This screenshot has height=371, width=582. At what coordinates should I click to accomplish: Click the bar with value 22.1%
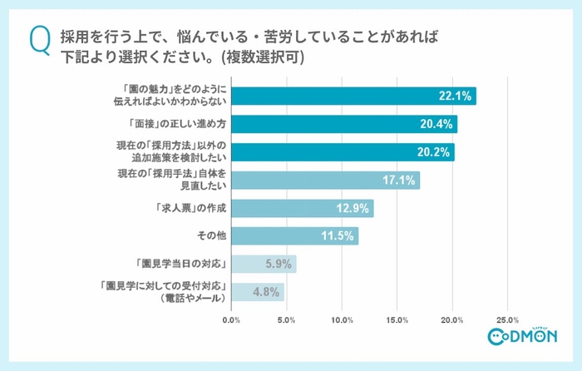click(x=353, y=96)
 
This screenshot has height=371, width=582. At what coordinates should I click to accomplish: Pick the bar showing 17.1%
click(x=325, y=180)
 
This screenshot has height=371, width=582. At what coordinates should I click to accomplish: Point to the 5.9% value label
click(x=277, y=265)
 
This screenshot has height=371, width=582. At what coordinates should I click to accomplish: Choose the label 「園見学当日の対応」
click(x=184, y=264)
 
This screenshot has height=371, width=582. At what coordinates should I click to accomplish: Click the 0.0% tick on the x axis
click(x=232, y=319)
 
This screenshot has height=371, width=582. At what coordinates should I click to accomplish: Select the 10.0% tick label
click(x=342, y=319)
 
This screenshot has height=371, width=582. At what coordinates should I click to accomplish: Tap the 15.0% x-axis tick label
click(x=397, y=319)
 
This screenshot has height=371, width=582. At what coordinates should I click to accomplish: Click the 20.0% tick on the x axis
click(x=452, y=319)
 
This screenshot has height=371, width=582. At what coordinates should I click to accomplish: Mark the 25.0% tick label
click(x=507, y=319)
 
